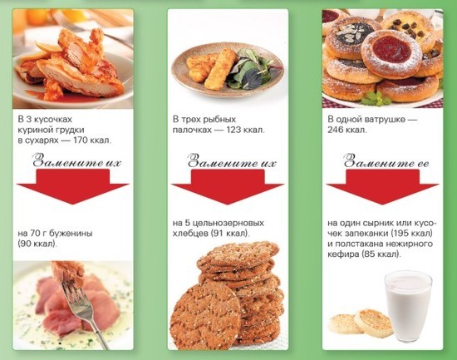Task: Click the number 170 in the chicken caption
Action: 81,141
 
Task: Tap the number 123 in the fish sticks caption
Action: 233,130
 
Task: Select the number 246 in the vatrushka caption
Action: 335,130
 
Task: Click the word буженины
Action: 71,234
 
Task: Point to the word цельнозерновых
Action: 228,224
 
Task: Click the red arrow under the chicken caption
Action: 73,187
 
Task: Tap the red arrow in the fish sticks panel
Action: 228,187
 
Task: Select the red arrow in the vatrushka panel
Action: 382,187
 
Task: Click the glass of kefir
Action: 408,306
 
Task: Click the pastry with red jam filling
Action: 391,53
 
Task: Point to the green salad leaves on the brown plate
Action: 251,69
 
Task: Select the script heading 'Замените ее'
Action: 386,161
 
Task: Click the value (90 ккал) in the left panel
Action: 37,244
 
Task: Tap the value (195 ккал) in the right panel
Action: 411,234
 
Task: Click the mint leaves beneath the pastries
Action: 376,99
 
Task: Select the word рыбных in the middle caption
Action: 219,120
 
